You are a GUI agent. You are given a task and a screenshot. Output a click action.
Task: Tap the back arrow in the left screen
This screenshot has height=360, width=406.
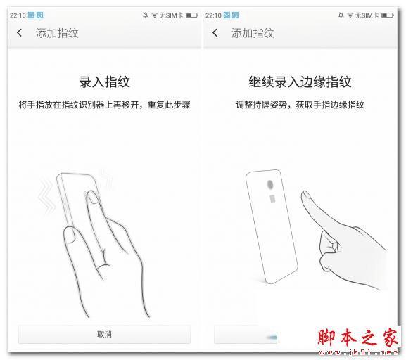20,33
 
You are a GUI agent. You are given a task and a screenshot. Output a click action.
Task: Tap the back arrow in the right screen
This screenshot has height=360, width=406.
215,33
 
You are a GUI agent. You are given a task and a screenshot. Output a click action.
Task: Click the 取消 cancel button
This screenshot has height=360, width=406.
104,334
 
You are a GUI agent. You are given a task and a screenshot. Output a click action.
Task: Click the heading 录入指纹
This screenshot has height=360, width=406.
104,82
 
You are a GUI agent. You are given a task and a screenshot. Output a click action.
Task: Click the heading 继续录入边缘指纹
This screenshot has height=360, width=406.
300,82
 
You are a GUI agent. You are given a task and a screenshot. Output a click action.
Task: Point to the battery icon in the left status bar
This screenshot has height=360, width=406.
192,15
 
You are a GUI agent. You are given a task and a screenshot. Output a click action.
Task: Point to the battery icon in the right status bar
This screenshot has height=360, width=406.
388,15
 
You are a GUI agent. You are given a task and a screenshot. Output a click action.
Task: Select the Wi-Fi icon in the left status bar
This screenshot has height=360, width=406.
155,15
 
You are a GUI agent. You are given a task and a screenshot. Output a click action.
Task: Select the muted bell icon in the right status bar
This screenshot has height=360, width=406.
341,15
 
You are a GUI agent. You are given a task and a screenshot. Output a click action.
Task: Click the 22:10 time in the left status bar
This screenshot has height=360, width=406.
18,15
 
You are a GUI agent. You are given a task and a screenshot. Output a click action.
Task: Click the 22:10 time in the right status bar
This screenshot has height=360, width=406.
213,15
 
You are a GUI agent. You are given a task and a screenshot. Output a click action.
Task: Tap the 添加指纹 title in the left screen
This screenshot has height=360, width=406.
57,33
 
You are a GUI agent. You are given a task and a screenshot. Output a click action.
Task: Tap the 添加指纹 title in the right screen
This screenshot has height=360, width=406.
253,33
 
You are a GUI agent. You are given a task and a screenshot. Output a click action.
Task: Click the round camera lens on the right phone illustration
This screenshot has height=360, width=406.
270,185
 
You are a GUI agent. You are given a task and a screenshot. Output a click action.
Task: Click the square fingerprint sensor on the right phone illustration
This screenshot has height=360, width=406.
272,198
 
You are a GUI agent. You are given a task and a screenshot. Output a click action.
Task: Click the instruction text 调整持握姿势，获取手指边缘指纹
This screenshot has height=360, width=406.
300,105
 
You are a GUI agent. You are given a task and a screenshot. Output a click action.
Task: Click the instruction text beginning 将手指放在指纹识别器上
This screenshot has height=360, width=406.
104,105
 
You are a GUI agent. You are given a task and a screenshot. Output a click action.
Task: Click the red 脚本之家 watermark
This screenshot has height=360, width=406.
357,337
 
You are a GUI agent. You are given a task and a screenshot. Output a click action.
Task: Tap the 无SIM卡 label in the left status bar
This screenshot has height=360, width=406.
171,15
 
